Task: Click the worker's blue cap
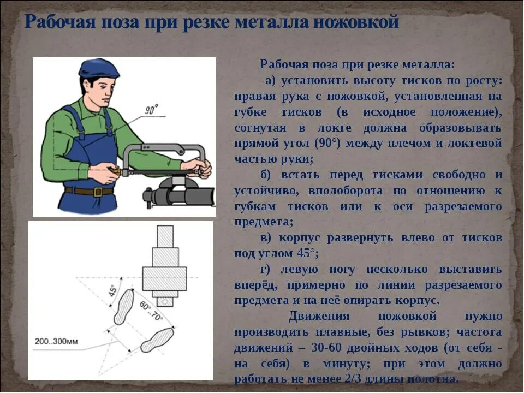click(x=99, y=69)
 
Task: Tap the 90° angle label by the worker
click(x=151, y=110)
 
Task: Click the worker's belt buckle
click(x=98, y=192)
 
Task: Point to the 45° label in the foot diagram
click(x=113, y=290)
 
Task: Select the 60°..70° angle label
click(x=151, y=311)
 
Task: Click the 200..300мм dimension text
click(x=56, y=342)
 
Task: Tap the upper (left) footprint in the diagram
click(x=124, y=307)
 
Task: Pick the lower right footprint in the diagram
click(x=157, y=340)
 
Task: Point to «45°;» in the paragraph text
click(x=307, y=253)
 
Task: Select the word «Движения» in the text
click(x=319, y=316)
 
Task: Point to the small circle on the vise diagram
click(x=164, y=302)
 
